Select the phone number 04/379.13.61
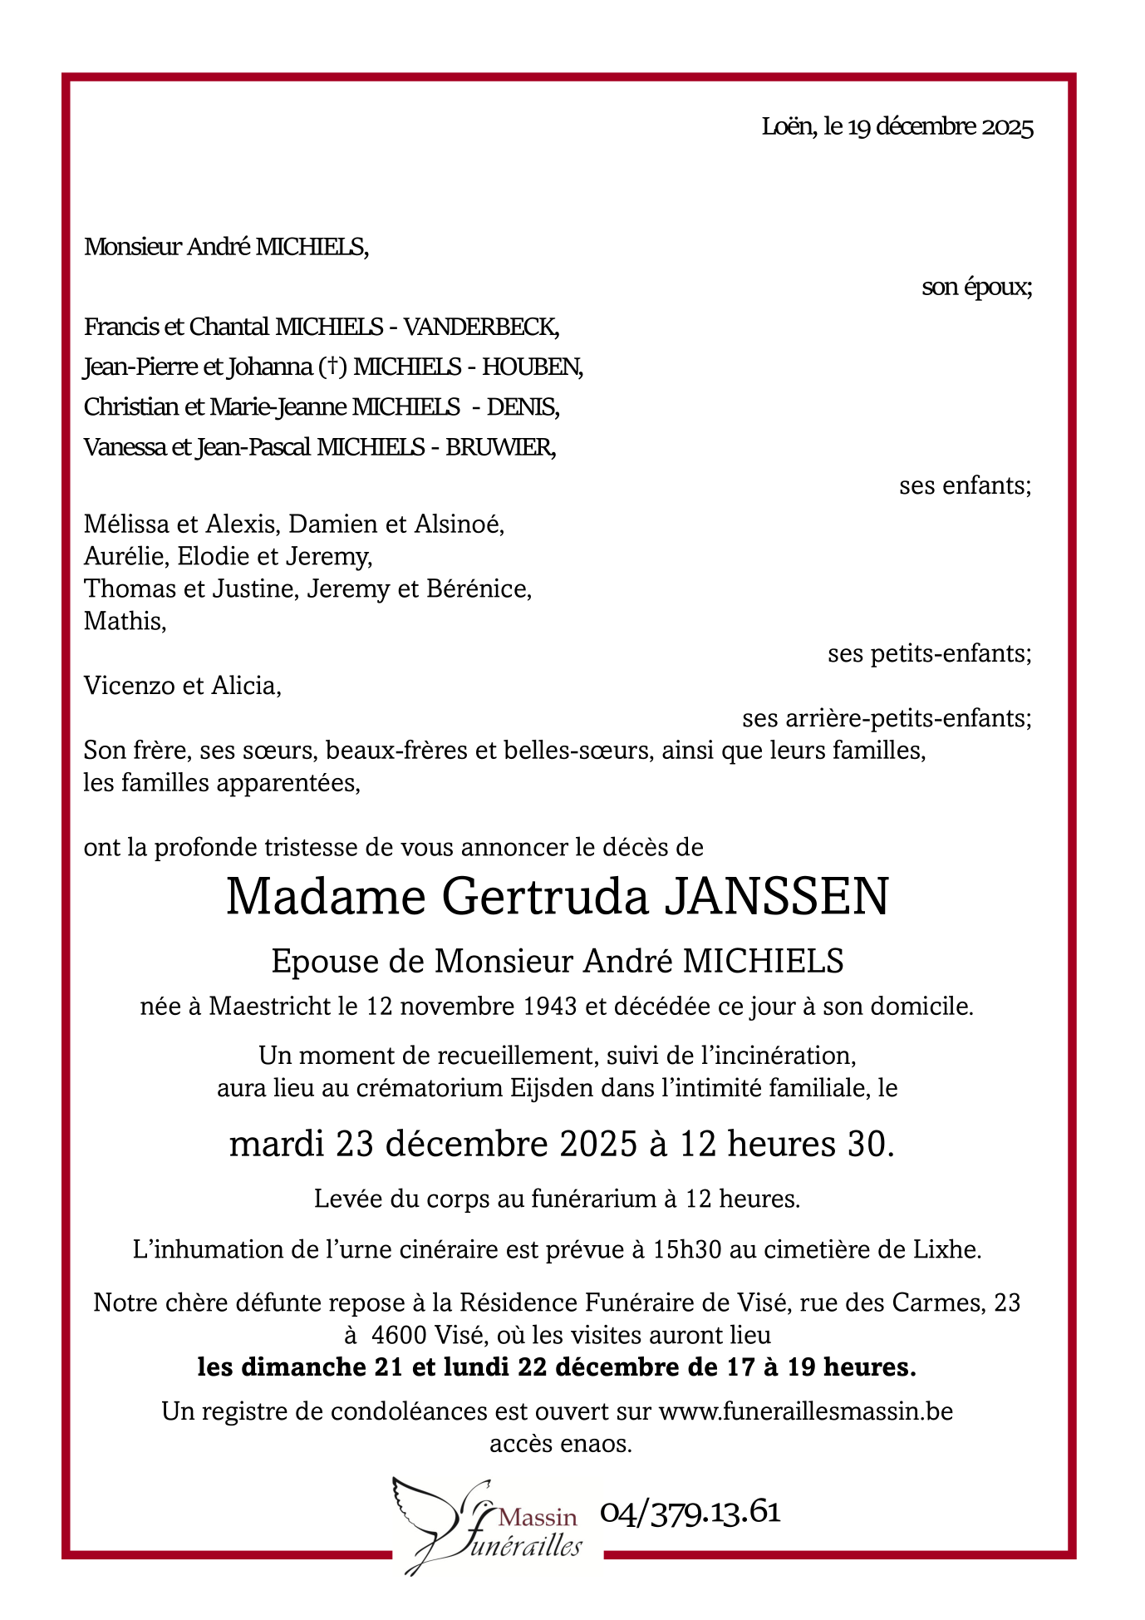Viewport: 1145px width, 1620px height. tap(690, 1511)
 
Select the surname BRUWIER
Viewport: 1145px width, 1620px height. tap(500, 447)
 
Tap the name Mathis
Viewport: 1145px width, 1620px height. tap(123, 621)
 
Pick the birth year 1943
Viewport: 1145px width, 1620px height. tap(550, 1007)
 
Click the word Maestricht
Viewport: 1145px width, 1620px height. tap(270, 1007)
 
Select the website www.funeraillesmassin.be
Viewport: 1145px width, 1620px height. tap(805, 1411)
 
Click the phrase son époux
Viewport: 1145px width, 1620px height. tap(975, 288)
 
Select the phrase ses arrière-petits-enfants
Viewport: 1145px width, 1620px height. tap(886, 718)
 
